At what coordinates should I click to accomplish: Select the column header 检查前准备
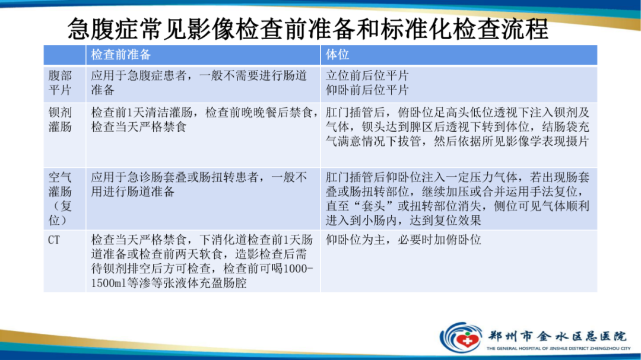121,55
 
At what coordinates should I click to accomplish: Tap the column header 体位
338,55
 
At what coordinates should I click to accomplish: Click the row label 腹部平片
60,83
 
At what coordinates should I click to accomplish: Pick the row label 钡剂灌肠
60,119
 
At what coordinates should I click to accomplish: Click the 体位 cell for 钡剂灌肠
458,127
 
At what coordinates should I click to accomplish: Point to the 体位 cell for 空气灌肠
458,199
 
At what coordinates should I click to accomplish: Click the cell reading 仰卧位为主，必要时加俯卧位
404,240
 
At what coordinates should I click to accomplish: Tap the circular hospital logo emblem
460,336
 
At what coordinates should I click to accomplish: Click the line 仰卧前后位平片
367,90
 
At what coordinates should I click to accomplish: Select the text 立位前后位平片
367,76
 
